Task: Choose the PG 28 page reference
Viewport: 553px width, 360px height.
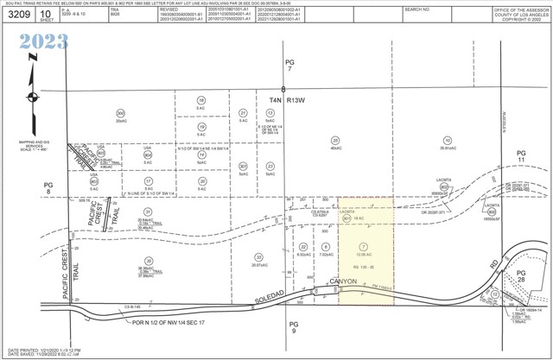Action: point(520,277)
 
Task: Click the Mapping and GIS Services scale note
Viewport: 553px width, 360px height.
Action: point(29,143)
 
